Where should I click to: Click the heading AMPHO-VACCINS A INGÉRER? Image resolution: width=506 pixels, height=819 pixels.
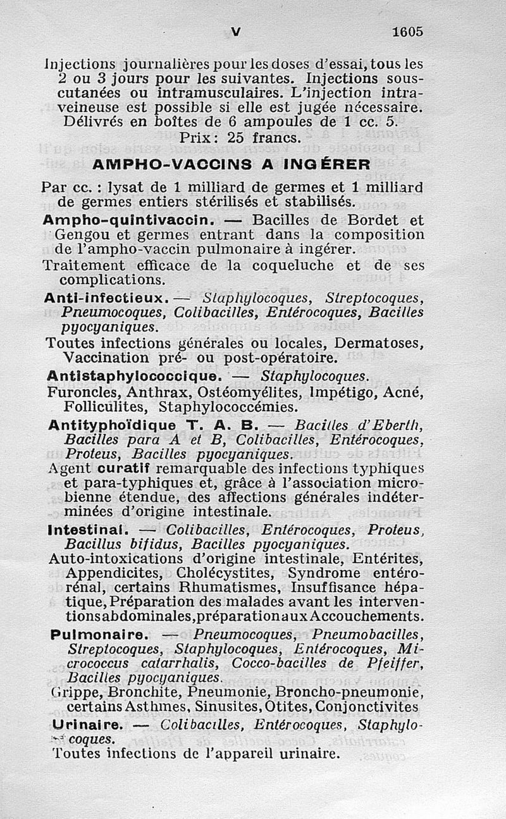point(231,164)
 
